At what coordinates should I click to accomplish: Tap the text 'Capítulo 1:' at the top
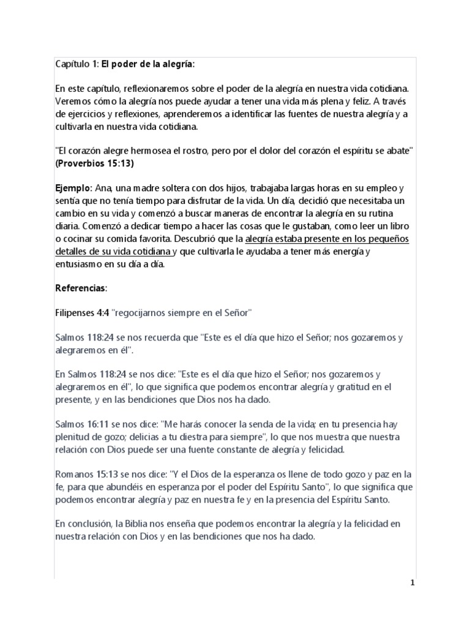click(x=76, y=64)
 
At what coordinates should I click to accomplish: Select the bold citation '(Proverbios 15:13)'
click(x=94, y=163)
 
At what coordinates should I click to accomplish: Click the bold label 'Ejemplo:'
click(x=74, y=189)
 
